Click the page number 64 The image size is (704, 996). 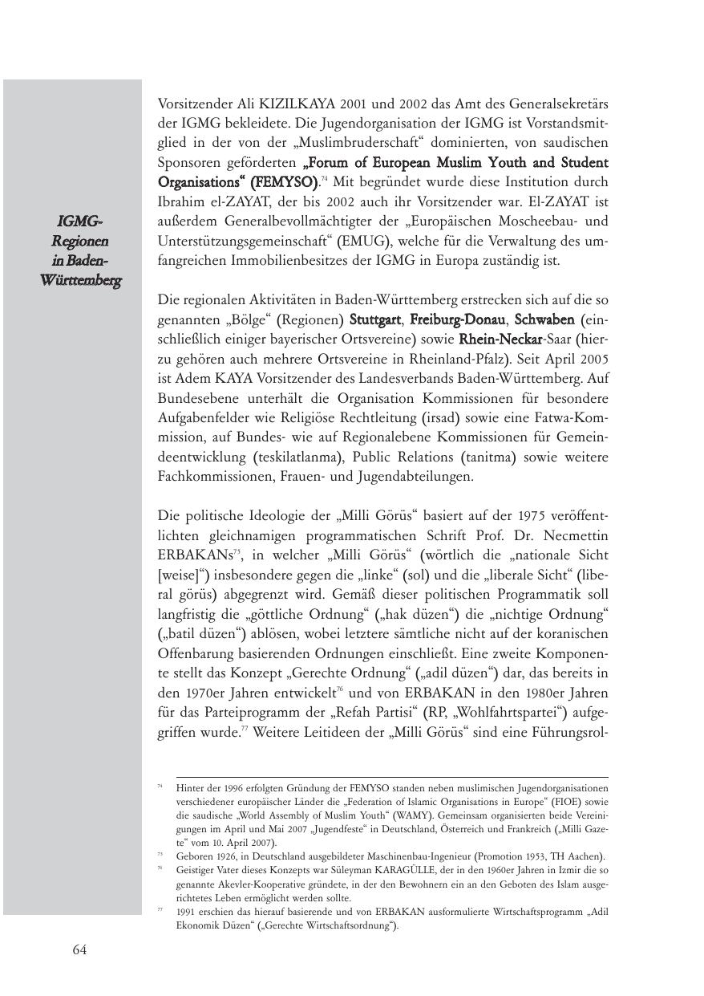tap(79, 950)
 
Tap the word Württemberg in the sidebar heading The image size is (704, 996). tap(80, 281)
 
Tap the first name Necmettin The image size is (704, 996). tap(573, 535)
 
